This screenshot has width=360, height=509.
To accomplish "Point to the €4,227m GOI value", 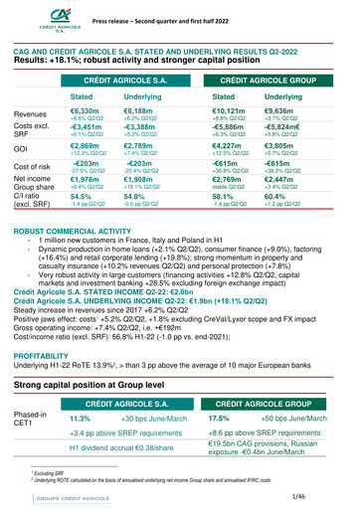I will pos(232,173).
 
